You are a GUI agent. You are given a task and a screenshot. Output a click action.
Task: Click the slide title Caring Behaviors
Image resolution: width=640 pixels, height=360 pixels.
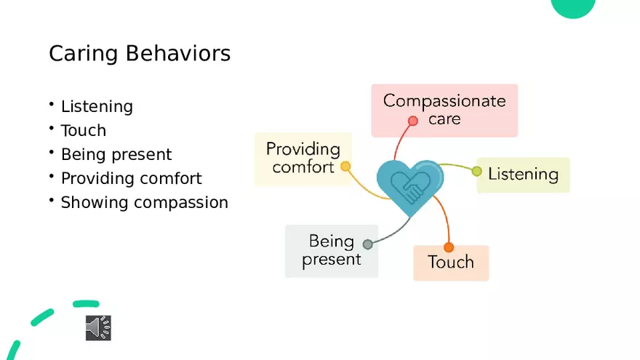[140, 54]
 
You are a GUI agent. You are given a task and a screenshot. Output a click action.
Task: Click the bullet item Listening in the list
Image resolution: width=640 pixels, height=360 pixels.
[97, 107]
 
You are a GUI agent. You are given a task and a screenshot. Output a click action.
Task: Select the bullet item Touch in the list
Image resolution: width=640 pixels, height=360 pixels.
[84, 131]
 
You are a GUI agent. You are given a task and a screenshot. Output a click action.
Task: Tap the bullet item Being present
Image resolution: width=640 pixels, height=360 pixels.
[116, 155]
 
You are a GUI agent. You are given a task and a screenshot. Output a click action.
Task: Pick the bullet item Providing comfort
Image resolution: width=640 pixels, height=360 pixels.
[131, 179]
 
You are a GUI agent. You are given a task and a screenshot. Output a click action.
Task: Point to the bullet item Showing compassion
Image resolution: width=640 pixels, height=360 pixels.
[144, 203]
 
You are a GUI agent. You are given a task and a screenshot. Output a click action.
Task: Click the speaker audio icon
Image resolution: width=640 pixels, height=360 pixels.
[98, 328]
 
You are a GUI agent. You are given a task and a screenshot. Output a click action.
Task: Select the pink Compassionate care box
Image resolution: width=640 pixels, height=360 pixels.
[444, 109]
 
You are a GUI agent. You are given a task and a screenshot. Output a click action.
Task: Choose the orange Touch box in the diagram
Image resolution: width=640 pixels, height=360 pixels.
[451, 263]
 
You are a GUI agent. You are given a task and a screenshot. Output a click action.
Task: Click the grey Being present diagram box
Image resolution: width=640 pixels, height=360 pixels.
[332, 251]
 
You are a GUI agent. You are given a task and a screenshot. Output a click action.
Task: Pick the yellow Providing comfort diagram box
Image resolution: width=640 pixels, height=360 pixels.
[303, 158]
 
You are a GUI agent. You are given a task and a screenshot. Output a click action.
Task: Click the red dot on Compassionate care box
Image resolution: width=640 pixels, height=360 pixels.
[413, 121]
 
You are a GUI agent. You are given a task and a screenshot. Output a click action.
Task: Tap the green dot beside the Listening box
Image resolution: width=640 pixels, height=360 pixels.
[477, 172]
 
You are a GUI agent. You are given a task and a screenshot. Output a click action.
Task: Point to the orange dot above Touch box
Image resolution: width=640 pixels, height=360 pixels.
[448, 247]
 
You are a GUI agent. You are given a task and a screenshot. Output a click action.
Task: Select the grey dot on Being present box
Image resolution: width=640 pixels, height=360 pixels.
[368, 244]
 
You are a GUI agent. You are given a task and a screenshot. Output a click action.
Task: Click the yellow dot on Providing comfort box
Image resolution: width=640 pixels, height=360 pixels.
[345, 167]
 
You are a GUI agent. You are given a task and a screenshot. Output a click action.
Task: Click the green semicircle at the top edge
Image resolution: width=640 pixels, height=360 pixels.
[574, 7]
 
